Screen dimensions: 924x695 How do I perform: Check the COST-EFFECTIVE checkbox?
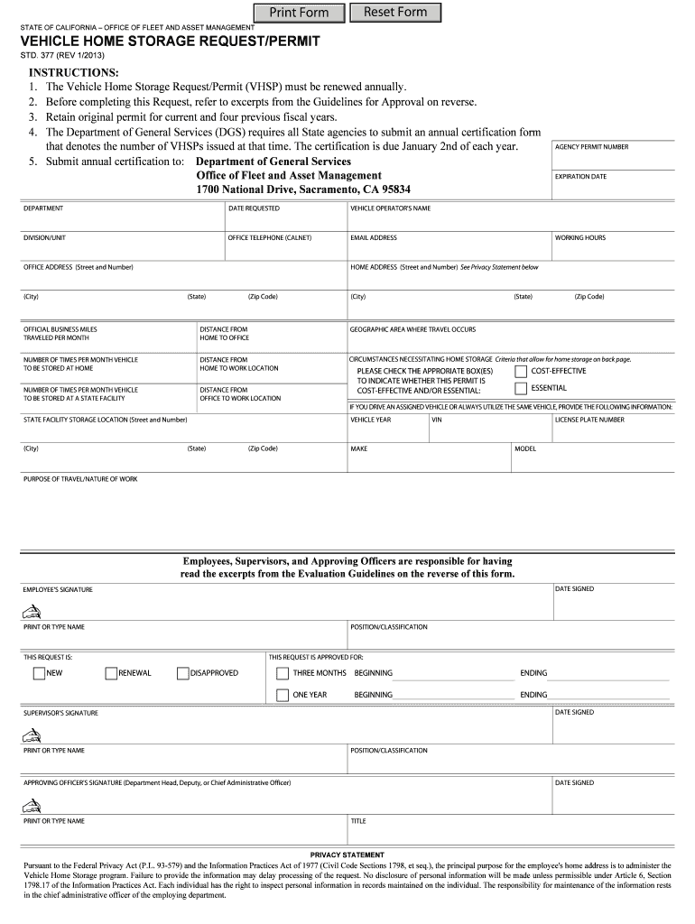521,372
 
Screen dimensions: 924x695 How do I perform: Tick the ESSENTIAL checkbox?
521,389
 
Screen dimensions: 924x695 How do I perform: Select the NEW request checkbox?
39,673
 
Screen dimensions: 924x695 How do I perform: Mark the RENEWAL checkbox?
111,673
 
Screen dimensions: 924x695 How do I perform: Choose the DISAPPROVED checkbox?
183,673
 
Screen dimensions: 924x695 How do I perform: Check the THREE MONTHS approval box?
283,673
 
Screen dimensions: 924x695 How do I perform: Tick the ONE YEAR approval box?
283,695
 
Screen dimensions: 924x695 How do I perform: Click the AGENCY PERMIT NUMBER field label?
591,147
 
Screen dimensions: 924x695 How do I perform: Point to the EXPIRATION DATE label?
580,177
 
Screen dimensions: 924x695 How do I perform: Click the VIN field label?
437,420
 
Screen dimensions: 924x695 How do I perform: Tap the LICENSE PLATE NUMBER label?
589,420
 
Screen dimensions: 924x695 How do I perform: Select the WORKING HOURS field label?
580,238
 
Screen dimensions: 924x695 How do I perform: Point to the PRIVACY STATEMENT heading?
347,855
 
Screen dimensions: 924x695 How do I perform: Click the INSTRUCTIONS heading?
74,72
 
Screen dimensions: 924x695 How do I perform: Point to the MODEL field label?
525,448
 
